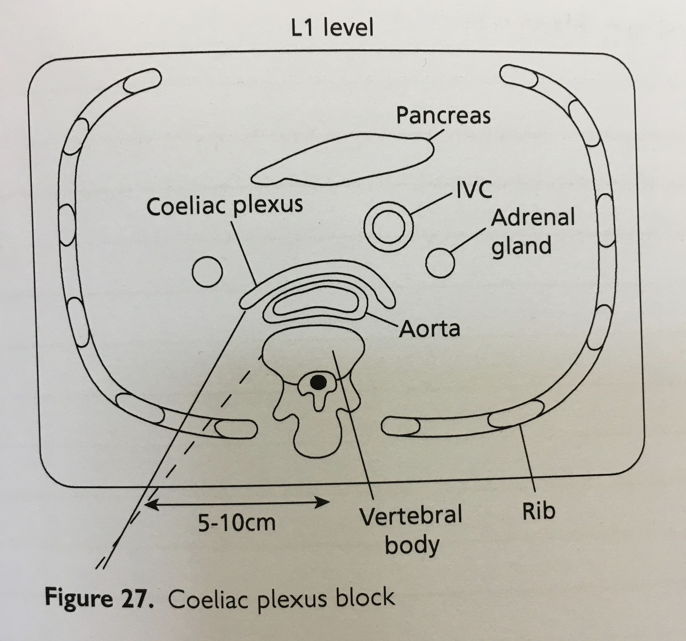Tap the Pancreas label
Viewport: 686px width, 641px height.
[x=443, y=116]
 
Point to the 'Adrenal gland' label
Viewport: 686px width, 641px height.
[x=532, y=232]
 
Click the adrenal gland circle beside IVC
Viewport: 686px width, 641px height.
[x=440, y=262]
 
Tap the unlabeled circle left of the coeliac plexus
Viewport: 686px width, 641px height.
[x=208, y=271]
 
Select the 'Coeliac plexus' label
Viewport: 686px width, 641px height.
[x=225, y=206]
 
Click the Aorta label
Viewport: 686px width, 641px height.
[x=429, y=329]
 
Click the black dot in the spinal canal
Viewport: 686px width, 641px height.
[x=318, y=382]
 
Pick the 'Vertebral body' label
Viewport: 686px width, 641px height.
[x=411, y=530]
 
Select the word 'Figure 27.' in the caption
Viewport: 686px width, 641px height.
[x=99, y=598]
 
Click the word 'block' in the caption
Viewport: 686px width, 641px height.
[x=366, y=597]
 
